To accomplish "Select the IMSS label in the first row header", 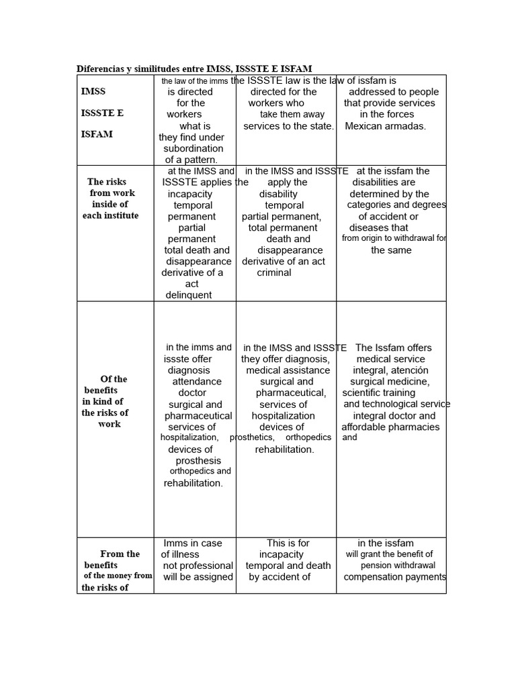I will pyautogui.click(x=93, y=91).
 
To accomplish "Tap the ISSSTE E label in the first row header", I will pyautogui.click(x=102, y=113).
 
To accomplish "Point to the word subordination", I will pyautogui.click(x=193, y=148).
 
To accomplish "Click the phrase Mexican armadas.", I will pyautogui.click(x=386, y=126).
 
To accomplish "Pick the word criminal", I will pyautogui.click(x=274, y=273).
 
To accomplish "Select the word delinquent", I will pyautogui.click(x=189, y=295).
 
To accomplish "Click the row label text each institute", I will pyautogui.click(x=111, y=215).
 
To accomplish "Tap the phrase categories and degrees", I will pyautogui.click(x=396, y=205).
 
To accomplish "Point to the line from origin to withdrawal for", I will pyautogui.click(x=394, y=238).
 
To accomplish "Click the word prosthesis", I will pyautogui.click(x=198, y=461).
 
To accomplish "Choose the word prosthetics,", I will pyautogui.click(x=252, y=437).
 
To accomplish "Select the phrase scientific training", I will pyautogui.click(x=379, y=393).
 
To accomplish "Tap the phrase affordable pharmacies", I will pyautogui.click(x=390, y=427).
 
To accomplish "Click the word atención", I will pyautogui.click(x=408, y=370).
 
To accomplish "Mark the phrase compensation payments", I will pyautogui.click(x=395, y=577).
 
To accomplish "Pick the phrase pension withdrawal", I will pyautogui.click(x=398, y=566).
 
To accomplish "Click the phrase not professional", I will pyautogui.click(x=198, y=566).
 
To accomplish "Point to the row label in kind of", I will pyautogui.click(x=103, y=401).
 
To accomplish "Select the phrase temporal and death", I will pyautogui.click(x=288, y=566).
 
